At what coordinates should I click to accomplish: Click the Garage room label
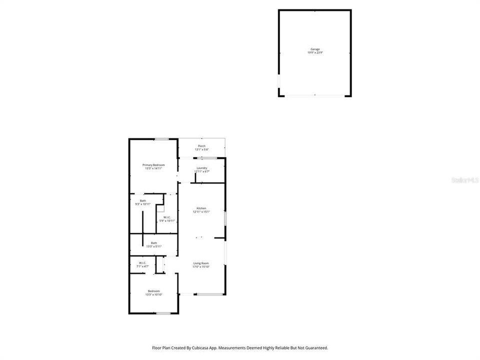point(314,49)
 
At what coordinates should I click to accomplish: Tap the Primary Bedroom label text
point(153,165)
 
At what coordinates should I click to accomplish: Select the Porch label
point(201,146)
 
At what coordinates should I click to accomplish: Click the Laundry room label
point(201,168)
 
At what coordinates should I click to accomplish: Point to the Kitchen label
point(201,208)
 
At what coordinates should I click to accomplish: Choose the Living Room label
point(201,263)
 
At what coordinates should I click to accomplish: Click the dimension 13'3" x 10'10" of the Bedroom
point(153,294)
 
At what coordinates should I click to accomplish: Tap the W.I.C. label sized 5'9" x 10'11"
point(167,217)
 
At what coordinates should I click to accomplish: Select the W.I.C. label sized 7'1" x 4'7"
point(142,263)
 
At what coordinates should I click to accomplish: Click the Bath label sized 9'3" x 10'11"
point(143,201)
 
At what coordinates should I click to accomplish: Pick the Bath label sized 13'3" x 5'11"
point(154,243)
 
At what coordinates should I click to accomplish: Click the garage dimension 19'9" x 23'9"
point(314,52)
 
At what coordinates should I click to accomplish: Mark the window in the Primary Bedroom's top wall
point(160,139)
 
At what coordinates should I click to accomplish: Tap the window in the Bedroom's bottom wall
point(163,313)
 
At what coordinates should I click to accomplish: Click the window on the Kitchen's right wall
point(225,218)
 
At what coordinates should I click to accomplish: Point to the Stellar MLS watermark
point(464,179)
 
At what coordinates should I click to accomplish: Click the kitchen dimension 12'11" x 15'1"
point(201,211)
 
